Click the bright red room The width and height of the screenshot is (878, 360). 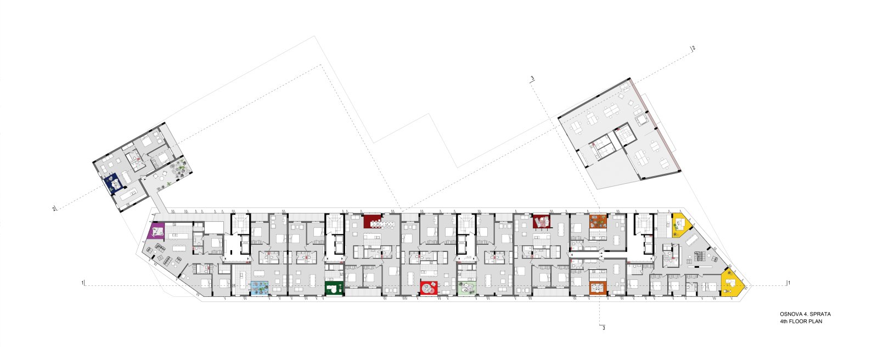point(429,288)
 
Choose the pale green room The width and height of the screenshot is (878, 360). point(467,288)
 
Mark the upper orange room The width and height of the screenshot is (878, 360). point(598,222)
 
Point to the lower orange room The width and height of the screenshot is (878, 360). point(598,288)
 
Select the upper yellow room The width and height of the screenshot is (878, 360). point(680,225)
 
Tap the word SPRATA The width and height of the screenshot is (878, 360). point(820,314)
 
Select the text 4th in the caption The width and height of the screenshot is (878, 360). point(784,322)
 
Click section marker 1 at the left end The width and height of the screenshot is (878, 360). point(82,283)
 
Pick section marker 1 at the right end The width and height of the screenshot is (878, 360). point(789,283)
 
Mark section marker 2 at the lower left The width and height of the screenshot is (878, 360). point(54,209)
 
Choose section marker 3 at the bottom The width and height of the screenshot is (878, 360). point(604,328)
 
